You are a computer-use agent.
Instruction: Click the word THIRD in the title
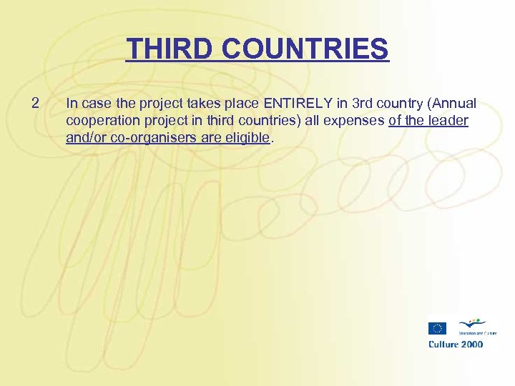tap(170, 49)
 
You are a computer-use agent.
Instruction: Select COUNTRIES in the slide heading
tap(305, 49)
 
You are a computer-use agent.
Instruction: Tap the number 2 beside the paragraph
tap(36, 104)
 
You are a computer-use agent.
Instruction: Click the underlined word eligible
tap(247, 138)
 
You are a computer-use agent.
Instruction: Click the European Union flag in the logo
tap(437, 328)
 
